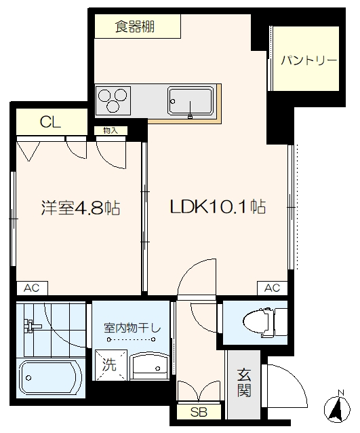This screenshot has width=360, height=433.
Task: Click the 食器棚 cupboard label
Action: pos(135,26)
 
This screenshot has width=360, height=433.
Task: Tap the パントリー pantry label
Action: pos(308,60)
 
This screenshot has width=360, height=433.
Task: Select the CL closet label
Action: pos(50,121)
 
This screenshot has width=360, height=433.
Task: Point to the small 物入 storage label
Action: pos(111,130)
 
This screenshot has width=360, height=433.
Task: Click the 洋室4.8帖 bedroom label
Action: pos(81,208)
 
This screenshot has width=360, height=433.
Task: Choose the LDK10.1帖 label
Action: pos(218,206)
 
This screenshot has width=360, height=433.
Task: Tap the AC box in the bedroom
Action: pos(32,288)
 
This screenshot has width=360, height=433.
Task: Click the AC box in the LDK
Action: pos(273,288)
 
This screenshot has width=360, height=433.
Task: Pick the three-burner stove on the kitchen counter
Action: pos(113,100)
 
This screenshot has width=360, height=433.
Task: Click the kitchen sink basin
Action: pos(191,100)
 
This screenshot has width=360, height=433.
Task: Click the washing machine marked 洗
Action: pos(111,365)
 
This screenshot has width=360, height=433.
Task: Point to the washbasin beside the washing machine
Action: pos(149,366)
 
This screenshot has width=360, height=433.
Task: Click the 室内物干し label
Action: pos(132,328)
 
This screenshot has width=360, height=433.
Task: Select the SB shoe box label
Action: pos(199,412)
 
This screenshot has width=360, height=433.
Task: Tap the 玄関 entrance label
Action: pos(244,383)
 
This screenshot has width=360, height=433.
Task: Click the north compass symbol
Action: pos(337,409)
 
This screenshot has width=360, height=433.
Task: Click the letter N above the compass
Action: pos(341,392)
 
